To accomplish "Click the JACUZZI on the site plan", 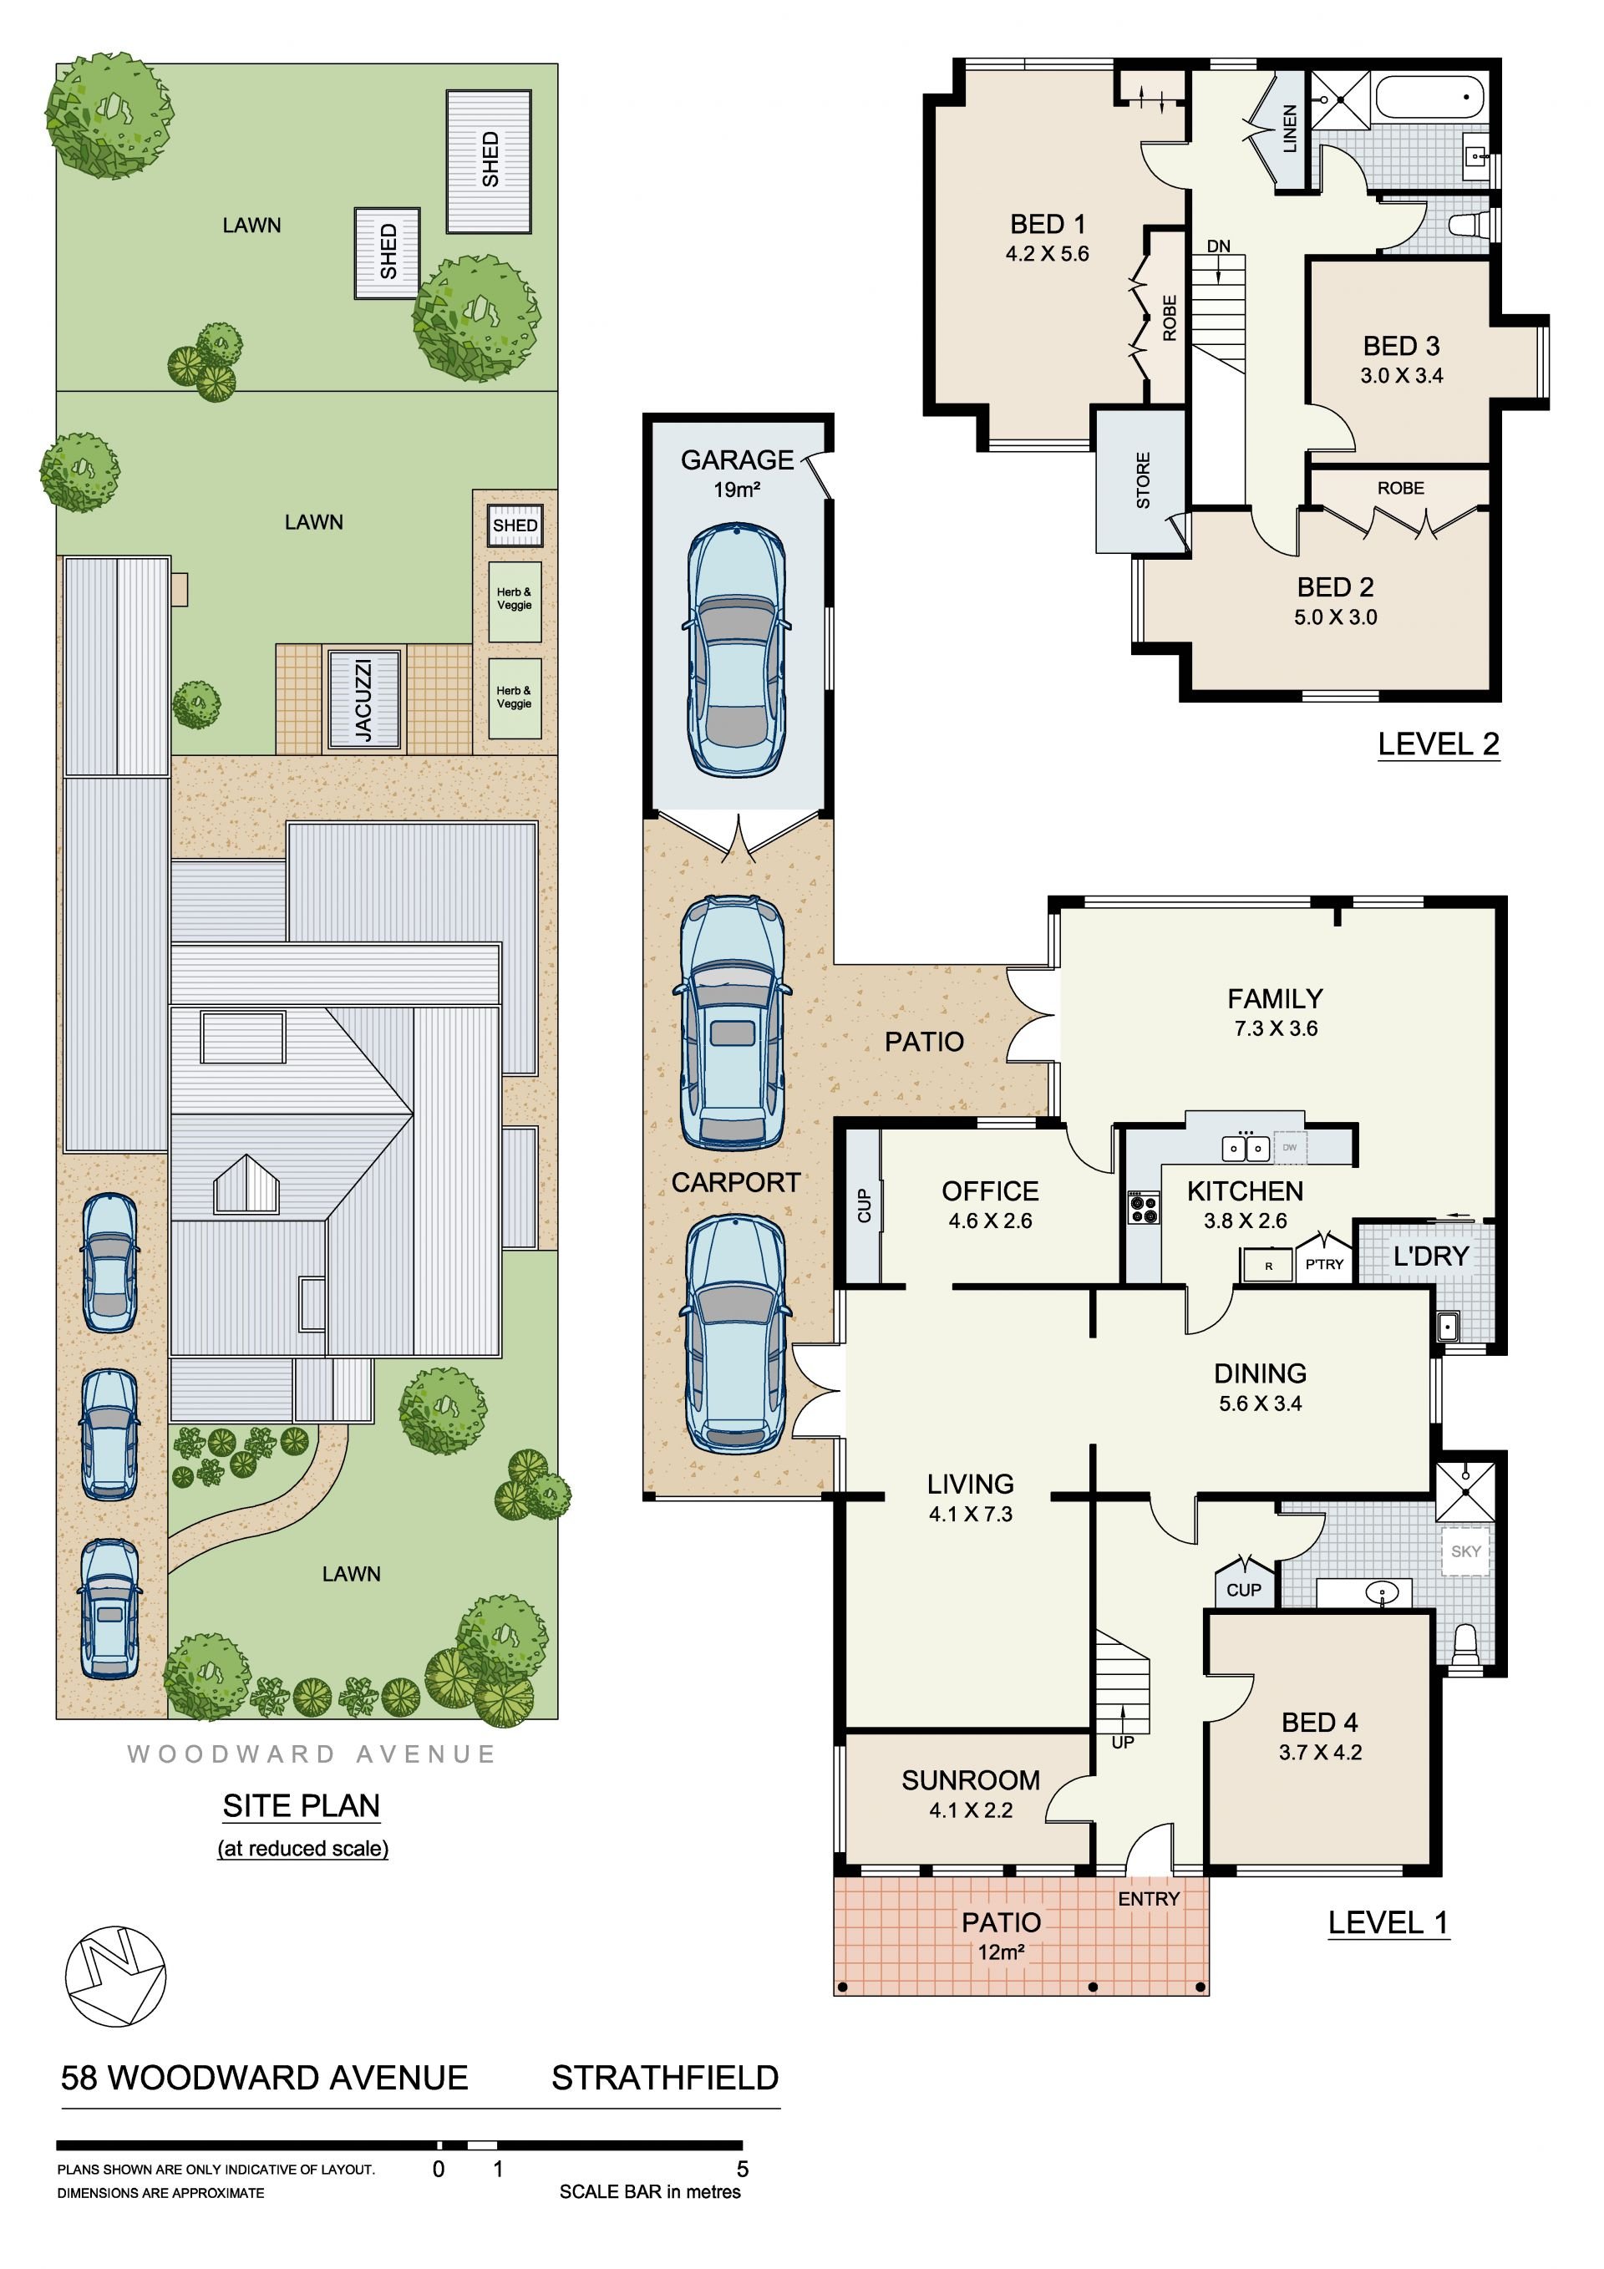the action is click(x=363, y=698).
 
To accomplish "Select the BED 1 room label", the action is click(x=1047, y=225).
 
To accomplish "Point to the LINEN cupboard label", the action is click(x=1289, y=129).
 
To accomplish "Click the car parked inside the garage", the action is click(x=736, y=649).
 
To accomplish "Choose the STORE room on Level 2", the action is click(x=1140, y=481).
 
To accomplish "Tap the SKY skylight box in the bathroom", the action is click(x=1465, y=1551).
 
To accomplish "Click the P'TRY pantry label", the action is click(x=1324, y=1264).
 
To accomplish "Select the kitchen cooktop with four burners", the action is click(x=1144, y=1209).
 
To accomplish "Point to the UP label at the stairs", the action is click(x=1123, y=1743).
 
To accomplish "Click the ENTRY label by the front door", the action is click(x=1149, y=1900).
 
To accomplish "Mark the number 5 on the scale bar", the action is click(x=742, y=2170).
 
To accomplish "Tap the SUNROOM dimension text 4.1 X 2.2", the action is click(x=971, y=1810).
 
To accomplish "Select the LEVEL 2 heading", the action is click(x=1438, y=744).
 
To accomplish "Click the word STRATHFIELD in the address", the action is click(x=665, y=2079).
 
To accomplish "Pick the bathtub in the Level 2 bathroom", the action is click(x=1428, y=98).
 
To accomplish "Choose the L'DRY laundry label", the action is click(x=1431, y=1256).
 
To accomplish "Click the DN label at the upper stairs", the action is click(x=1219, y=246).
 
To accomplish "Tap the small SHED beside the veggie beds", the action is click(x=515, y=525).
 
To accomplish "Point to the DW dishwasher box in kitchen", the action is click(x=1290, y=1147).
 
